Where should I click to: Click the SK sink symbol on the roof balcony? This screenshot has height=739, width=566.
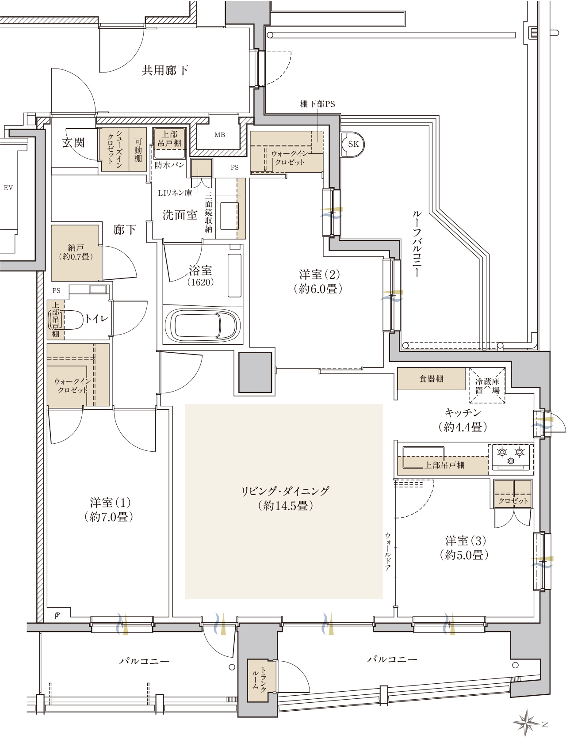click(x=353, y=144)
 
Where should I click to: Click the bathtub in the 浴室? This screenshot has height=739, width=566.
click(x=203, y=325)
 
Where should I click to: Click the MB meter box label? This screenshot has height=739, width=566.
click(x=220, y=135)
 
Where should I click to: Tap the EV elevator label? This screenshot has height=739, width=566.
click(x=8, y=188)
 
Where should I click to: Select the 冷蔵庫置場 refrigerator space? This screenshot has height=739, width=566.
click(x=487, y=385)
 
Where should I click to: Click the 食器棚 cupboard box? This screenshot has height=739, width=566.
click(x=431, y=379)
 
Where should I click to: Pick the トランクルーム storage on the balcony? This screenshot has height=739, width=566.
click(x=261, y=681)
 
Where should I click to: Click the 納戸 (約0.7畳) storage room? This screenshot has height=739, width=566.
click(x=75, y=253)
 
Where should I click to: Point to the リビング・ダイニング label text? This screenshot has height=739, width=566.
click(x=285, y=491)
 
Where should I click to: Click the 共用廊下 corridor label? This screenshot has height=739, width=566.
click(x=165, y=70)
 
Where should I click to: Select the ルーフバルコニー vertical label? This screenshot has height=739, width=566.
click(x=417, y=244)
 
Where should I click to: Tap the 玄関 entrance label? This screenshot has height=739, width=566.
click(x=73, y=142)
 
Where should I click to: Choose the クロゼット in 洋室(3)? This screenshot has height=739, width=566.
click(x=513, y=494)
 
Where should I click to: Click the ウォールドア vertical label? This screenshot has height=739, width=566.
click(x=388, y=551)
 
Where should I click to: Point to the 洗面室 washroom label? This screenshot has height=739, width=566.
click(x=180, y=215)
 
